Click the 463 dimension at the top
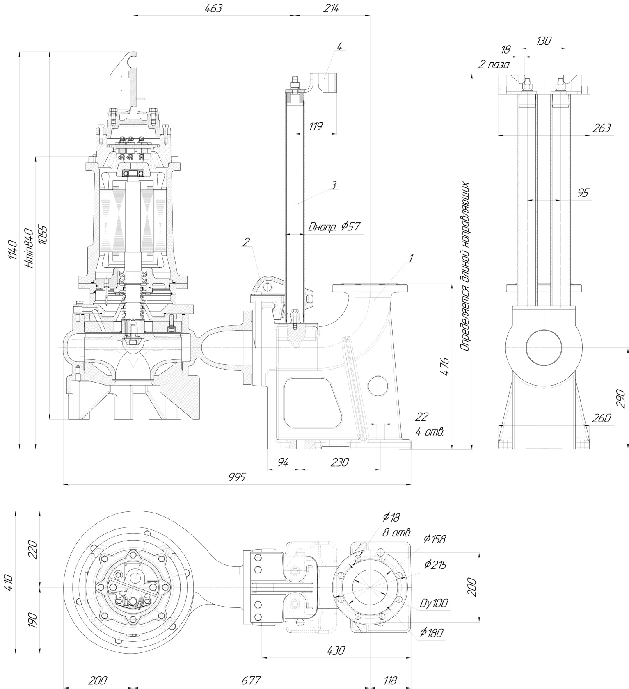[213, 8]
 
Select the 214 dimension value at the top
[331, 8]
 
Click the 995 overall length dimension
[237, 477]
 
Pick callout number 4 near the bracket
[339, 46]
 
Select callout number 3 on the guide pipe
[334, 185]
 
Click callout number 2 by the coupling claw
[246, 242]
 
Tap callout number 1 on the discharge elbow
[411, 258]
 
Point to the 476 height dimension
[445, 367]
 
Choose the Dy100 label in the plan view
[433, 603]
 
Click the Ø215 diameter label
[435, 565]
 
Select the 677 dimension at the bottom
[250, 680]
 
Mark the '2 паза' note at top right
[494, 64]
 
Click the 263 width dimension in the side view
[602, 128]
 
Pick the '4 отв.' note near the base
[430, 431]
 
